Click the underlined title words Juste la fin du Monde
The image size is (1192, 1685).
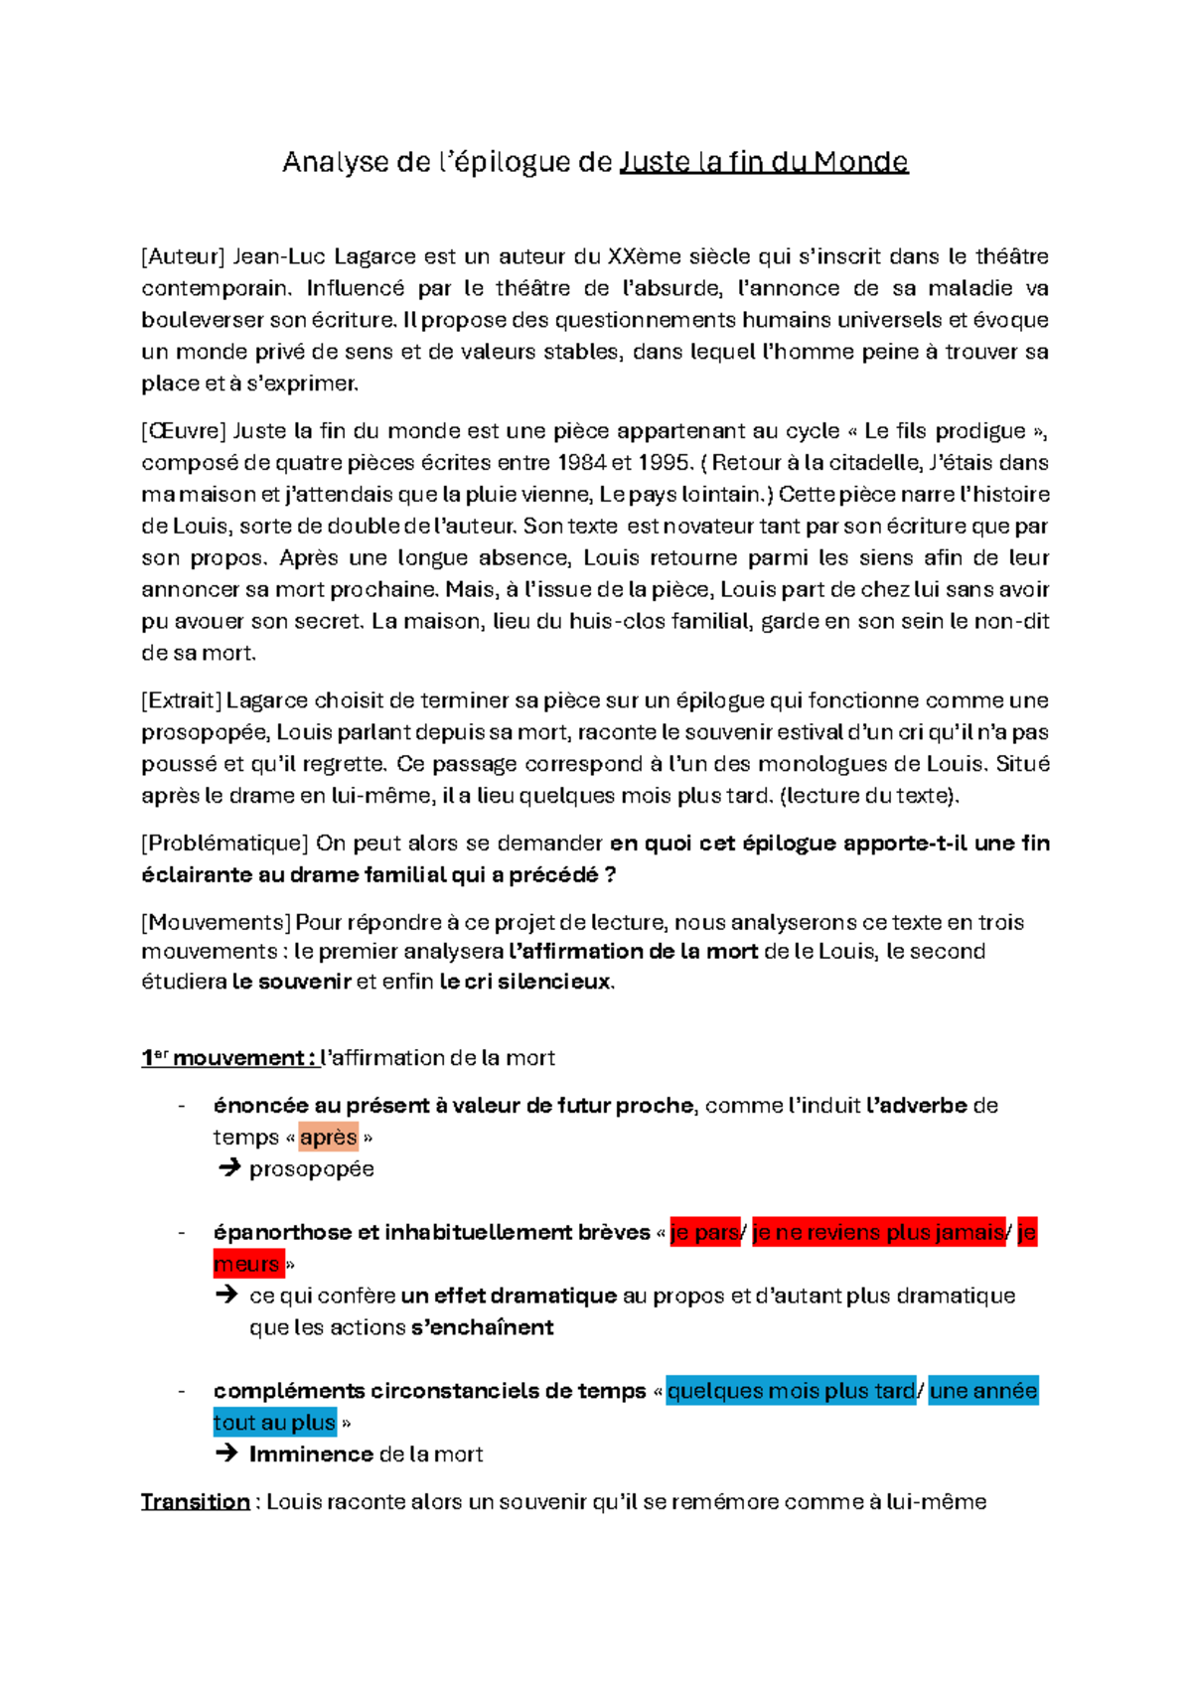[x=763, y=162]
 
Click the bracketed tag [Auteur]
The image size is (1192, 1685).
[x=184, y=256]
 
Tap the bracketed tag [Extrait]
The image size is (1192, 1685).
[x=181, y=700]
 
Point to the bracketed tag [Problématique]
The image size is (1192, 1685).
[x=225, y=843]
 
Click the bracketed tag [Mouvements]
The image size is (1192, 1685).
[x=216, y=922]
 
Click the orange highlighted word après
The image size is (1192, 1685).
[x=328, y=1138]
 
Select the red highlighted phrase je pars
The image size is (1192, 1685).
[x=704, y=1233]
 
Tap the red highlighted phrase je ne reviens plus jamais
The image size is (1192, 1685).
[x=878, y=1233]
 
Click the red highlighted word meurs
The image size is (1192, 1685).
[x=246, y=1265]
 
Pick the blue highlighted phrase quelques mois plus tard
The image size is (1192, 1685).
[x=791, y=1391]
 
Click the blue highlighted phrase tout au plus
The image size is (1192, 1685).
[x=274, y=1423]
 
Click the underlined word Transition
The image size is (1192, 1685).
[x=195, y=1501]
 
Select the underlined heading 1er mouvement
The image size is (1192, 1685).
[x=226, y=1058]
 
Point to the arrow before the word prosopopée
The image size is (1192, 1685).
[x=228, y=1168]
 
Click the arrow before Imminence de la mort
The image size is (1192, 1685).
[x=226, y=1454]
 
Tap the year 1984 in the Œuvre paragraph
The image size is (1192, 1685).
[x=581, y=463]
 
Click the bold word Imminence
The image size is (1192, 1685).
[x=311, y=1455]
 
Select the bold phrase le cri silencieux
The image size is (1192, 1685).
[x=525, y=983]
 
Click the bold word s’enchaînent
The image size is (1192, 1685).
[x=482, y=1327]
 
